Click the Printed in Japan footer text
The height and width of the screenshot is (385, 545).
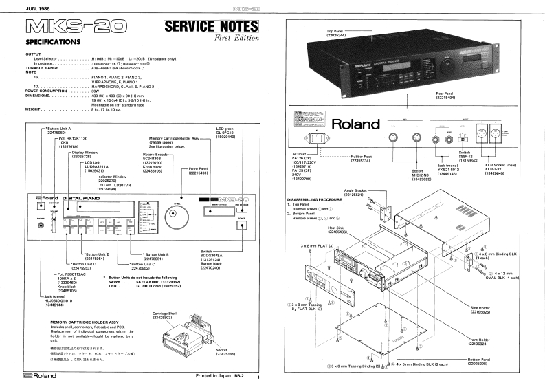219,377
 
